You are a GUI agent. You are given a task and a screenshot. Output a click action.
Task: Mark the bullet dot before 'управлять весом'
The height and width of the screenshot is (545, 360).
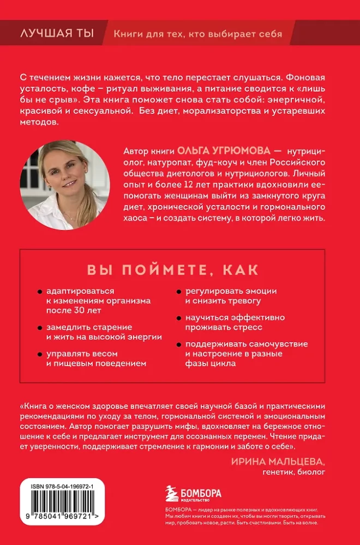click(41, 354)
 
